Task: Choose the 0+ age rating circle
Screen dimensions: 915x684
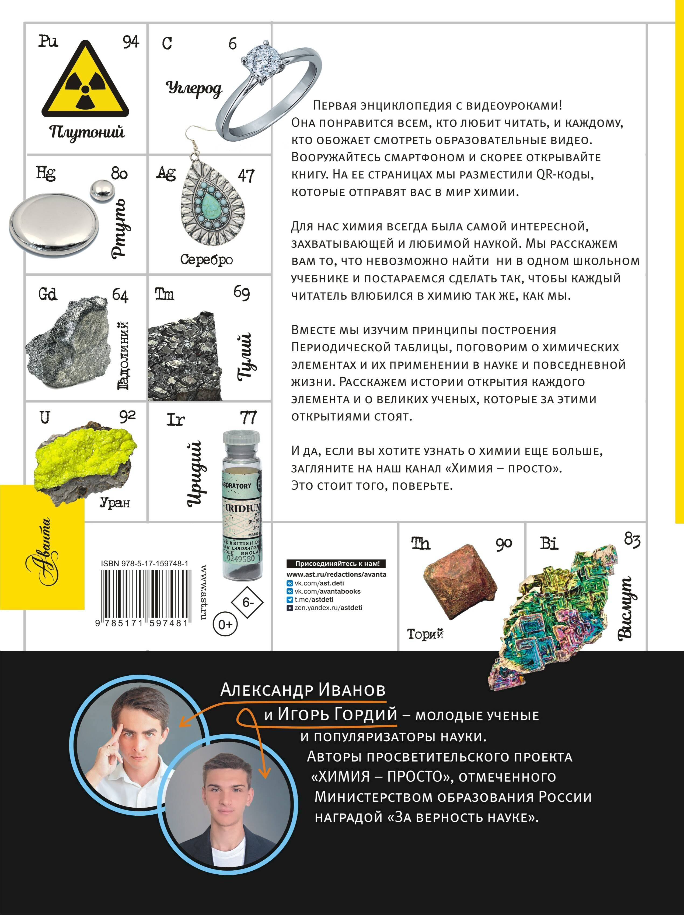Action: (x=225, y=624)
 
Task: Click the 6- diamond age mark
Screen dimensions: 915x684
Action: (x=247, y=602)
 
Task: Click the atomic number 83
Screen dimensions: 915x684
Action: (x=632, y=540)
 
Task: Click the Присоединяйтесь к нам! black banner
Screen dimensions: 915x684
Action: (x=337, y=563)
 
